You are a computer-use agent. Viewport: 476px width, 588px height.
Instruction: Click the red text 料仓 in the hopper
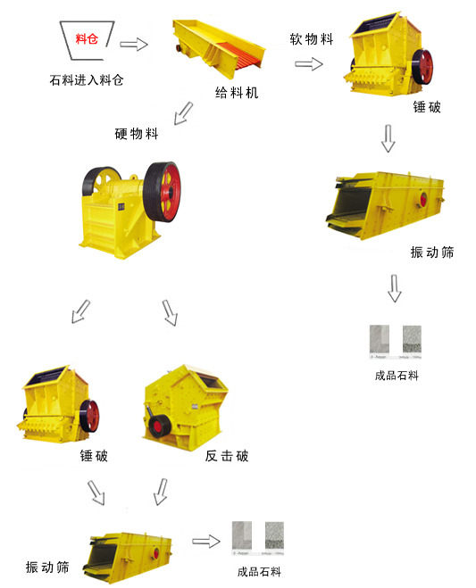pyautogui.click(x=87, y=37)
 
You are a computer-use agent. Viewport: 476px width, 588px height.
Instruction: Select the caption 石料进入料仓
pyautogui.click(x=87, y=80)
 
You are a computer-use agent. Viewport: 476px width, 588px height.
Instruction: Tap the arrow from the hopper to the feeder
pyautogui.click(x=133, y=44)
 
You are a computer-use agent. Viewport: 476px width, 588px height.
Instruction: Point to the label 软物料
pyautogui.click(x=312, y=39)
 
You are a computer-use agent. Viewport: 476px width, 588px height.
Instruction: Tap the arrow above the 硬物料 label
pyautogui.click(x=183, y=112)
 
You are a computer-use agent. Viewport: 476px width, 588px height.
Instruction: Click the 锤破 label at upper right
pyautogui.click(x=426, y=107)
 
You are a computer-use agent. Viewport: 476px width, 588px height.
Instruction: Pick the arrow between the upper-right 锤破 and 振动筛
pyautogui.click(x=388, y=138)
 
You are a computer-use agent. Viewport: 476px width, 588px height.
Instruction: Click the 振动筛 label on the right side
pyautogui.click(x=432, y=253)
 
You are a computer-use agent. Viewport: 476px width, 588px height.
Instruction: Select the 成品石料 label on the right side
pyautogui.click(x=397, y=376)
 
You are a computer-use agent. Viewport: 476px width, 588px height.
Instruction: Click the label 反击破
pyautogui.click(x=227, y=456)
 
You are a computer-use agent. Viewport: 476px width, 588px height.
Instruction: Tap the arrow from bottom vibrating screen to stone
pyautogui.click(x=207, y=541)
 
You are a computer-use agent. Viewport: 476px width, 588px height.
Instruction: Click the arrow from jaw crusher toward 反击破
pyautogui.click(x=171, y=312)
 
